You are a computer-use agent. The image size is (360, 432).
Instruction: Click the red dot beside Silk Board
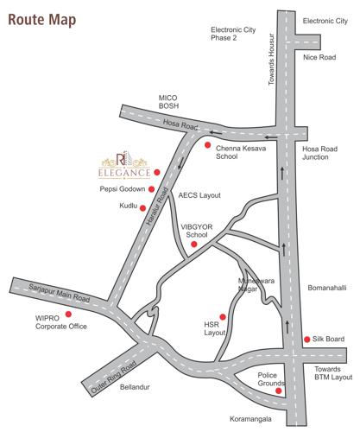click(x=308, y=339)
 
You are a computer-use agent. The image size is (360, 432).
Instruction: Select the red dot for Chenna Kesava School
click(x=207, y=145)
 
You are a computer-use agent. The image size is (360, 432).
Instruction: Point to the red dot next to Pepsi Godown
click(x=151, y=188)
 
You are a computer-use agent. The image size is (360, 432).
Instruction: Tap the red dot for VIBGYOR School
click(x=193, y=245)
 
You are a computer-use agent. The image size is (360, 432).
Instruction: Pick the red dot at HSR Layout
click(x=223, y=316)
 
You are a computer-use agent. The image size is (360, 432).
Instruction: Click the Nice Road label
click(x=319, y=57)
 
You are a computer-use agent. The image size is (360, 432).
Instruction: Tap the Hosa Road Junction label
click(x=320, y=152)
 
